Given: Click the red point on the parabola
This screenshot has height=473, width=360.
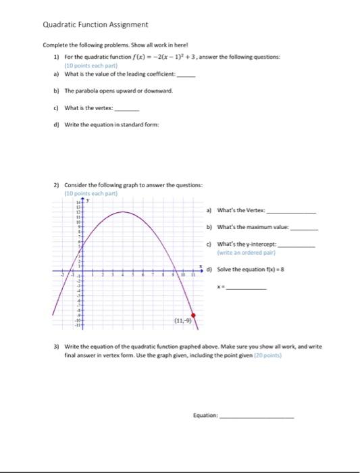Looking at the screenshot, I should pos(195,315).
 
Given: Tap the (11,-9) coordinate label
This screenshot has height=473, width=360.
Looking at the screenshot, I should pos(182,321).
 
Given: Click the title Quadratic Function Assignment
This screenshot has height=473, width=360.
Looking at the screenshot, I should pos(95,24).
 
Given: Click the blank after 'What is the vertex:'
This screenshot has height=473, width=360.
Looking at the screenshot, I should pos(128,108).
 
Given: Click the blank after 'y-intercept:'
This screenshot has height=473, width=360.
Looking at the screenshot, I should pos(297,243).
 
